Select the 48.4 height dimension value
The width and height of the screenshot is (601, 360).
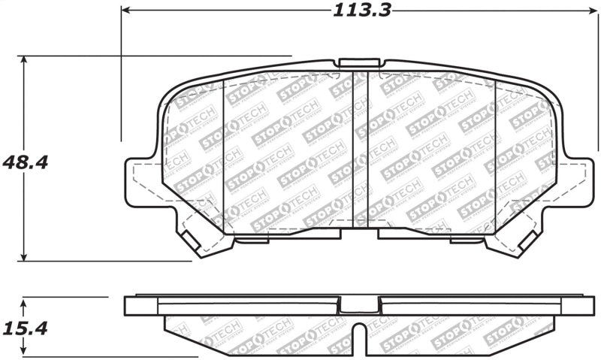pos(25,162)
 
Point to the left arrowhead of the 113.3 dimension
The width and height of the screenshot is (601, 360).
pos(125,11)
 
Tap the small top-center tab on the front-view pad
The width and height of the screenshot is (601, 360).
pos(359,63)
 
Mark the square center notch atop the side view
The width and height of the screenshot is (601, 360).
pos(359,304)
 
